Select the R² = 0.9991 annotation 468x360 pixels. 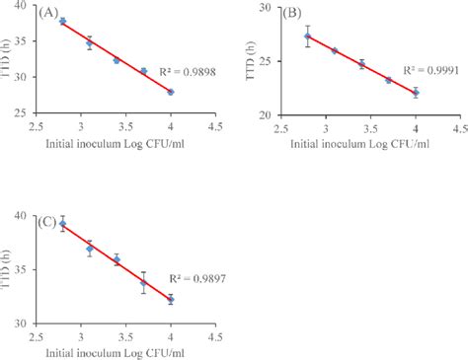pos(425,70)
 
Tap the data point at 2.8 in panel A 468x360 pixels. pos(63,21)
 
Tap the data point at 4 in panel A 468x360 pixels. pos(171,92)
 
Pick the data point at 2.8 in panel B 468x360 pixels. pos(307,36)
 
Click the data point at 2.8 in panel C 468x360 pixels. pos(63,224)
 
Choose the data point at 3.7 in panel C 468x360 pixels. pos(144,283)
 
